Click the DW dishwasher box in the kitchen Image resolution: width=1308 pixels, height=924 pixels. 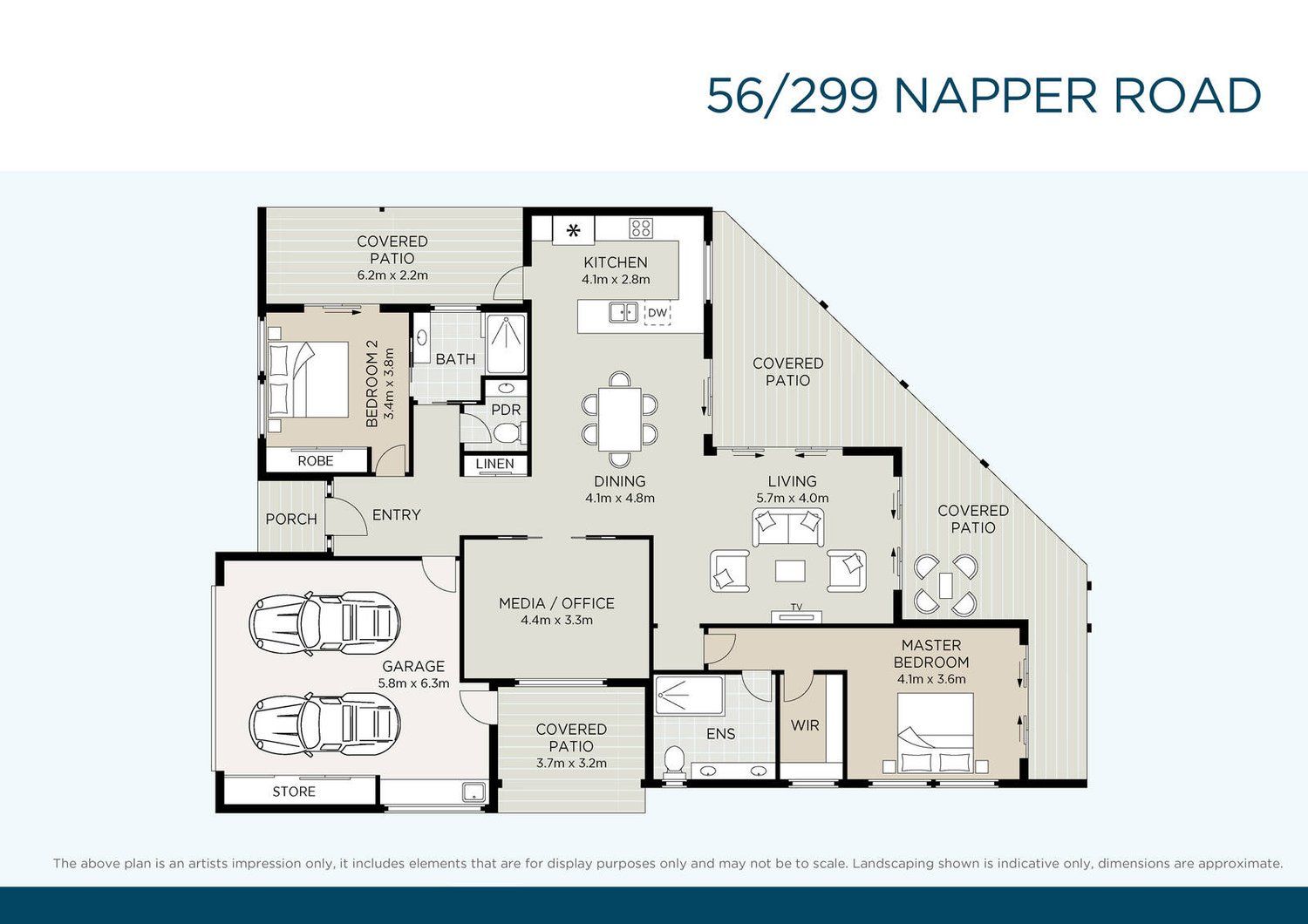pyautogui.click(x=657, y=313)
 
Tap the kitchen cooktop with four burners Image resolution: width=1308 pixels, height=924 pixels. pyautogui.click(x=641, y=228)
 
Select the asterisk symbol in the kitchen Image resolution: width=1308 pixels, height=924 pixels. pyautogui.click(x=574, y=230)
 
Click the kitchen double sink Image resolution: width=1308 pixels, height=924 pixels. pyautogui.click(x=623, y=312)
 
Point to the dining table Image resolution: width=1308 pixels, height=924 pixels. pyautogui.click(x=619, y=419)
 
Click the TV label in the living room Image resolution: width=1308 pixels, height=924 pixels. pyautogui.click(x=796, y=607)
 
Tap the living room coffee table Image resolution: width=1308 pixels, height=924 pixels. pyautogui.click(x=791, y=571)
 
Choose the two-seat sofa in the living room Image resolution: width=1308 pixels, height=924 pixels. pyautogui.click(x=788, y=527)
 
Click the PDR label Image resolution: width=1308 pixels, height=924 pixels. pyautogui.click(x=506, y=410)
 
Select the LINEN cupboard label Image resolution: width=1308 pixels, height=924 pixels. pyautogui.click(x=495, y=464)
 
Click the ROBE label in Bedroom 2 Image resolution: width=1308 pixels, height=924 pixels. pyautogui.click(x=316, y=461)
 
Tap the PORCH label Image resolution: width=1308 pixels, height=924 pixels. pyautogui.click(x=291, y=519)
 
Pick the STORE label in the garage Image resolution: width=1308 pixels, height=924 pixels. pyautogui.click(x=294, y=792)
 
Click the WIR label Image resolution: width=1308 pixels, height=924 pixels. pyautogui.click(x=805, y=725)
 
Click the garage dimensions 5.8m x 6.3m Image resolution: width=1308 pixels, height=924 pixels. pyautogui.click(x=414, y=683)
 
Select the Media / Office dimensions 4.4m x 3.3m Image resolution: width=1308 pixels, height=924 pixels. pyautogui.click(x=556, y=621)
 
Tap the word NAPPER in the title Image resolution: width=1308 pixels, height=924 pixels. pyautogui.click(x=996, y=96)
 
